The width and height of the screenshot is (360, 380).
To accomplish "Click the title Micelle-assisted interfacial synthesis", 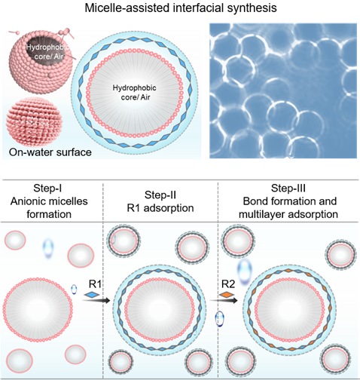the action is pyautogui.click(x=181, y=8).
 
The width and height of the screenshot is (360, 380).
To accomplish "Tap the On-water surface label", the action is pyautogui.click(x=50, y=152).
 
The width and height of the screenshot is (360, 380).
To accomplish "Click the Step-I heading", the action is pyautogui.click(x=47, y=188).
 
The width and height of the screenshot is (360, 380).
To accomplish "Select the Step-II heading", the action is pyautogui.click(x=160, y=195).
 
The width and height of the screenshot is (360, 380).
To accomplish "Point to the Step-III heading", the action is pyautogui.click(x=288, y=188).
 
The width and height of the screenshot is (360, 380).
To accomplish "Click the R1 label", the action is pyautogui.click(x=95, y=283).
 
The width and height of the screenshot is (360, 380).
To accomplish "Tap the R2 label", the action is pyautogui.click(x=228, y=283).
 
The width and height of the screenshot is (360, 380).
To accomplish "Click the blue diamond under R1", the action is pyautogui.click(x=92, y=294).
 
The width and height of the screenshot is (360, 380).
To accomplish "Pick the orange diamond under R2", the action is pyautogui.click(x=227, y=294).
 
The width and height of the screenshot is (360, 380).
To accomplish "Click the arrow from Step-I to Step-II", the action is pyautogui.click(x=96, y=300).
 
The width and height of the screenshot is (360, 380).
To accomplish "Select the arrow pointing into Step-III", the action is pyautogui.click(x=224, y=300).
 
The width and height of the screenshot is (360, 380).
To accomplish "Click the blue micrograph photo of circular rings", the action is pyautogui.click(x=283, y=90).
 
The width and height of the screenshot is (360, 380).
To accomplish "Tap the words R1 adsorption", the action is pyautogui.click(x=160, y=208).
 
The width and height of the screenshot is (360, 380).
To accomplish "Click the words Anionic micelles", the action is pyautogui.click(x=49, y=201).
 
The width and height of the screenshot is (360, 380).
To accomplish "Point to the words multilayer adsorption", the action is pyautogui.click(x=288, y=214).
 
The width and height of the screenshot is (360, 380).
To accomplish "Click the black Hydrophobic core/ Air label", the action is pyautogui.click(x=135, y=92).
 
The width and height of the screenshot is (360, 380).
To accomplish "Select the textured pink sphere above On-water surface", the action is pyautogui.click(x=35, y=122).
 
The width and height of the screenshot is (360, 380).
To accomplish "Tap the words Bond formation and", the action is pyautogui.click(x=290, y=201).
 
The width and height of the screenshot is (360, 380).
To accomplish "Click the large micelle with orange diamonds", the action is pyautogui.click(x=289, y=310).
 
